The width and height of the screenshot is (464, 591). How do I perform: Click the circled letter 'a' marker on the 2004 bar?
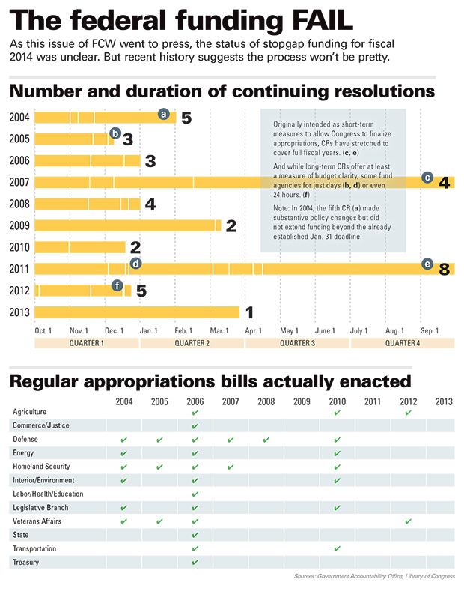(x=163, y=114)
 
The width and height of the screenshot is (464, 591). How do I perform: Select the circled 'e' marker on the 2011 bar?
(x=427, y=264)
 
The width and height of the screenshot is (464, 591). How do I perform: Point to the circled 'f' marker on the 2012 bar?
(x=117, y=285)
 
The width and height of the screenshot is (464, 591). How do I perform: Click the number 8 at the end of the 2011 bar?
(x=445, y=269)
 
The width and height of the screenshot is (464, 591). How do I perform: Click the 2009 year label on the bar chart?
(x=20, y=225)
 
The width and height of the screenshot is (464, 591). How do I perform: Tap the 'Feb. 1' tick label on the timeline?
(x=184, y=330)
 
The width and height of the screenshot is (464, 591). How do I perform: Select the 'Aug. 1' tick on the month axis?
(x=394, y=330)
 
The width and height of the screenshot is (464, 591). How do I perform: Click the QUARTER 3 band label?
(x=297, y=343)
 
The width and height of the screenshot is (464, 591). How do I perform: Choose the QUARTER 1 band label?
(x=87, y=343)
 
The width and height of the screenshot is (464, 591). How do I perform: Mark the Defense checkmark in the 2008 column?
(x=266, y=440)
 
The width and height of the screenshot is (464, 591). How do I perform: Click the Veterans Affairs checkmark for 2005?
(x=159, y=521)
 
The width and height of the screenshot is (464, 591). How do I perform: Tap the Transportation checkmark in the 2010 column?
(x=337, y=548)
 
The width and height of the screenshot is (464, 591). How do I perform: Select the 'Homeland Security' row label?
(x=43, y=467)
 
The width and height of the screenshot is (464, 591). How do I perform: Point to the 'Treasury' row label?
(x=26, y=562)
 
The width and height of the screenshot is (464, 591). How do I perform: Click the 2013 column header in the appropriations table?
(x=443, y=401)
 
